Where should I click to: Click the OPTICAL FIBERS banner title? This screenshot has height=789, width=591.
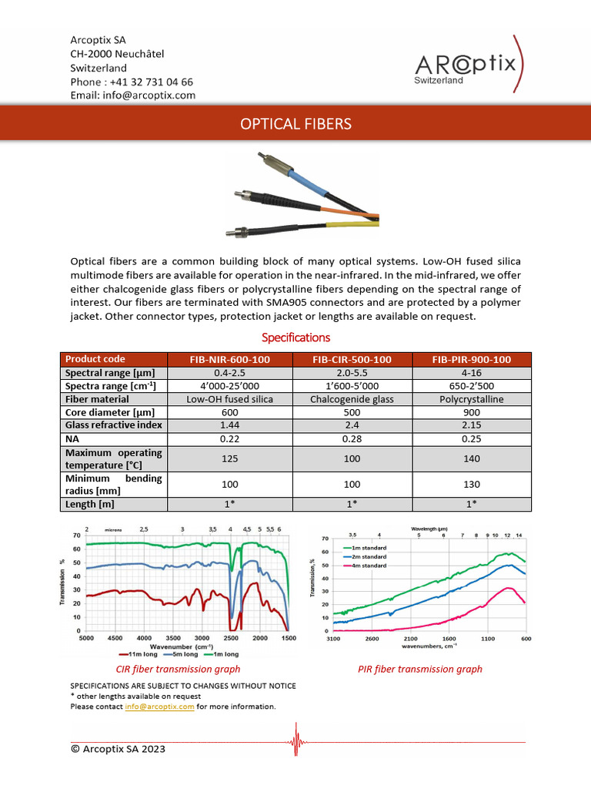(x=295, y=124)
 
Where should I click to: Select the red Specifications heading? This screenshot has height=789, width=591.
(x=295, y=337)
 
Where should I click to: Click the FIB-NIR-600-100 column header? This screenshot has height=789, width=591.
(x=230, y=360)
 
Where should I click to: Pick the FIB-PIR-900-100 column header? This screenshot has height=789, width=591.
(x=471, y=360)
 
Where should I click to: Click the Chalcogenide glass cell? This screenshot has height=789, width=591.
(x=351, y=399)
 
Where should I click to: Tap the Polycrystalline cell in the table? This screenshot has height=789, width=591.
(x=471, y=399)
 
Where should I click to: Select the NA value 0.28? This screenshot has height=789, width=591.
(x=351, y=438)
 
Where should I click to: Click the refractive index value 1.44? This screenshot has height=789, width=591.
(x=230, y=425)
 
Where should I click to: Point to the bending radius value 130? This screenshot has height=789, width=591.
(x=471, y=485)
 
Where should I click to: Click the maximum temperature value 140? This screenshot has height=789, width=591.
(x=471, y=458)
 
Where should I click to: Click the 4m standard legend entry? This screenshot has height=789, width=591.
(x=371, y=566)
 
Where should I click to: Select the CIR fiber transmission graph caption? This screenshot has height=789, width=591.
(x=178, y=669)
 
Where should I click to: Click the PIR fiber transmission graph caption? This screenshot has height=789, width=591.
(x=420, y=669)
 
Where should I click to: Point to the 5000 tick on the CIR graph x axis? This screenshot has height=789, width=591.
(x=86, y=639)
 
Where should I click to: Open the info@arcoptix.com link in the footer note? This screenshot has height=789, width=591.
(x=159, y=706)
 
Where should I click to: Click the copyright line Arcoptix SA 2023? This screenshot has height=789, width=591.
(x=118, y=748)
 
